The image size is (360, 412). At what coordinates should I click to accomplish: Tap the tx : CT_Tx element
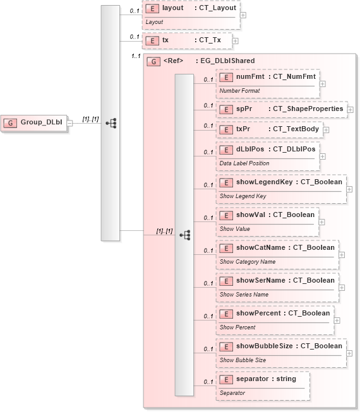click(x=186, y=41)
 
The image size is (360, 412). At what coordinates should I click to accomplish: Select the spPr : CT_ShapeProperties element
click(x=281, y=109)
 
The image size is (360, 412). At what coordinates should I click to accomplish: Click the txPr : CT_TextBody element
click(x=269, y=129)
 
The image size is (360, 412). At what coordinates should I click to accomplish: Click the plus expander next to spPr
click(x=350, y=110)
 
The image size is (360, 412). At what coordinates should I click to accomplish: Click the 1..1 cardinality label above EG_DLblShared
click(x=135, y=57)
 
